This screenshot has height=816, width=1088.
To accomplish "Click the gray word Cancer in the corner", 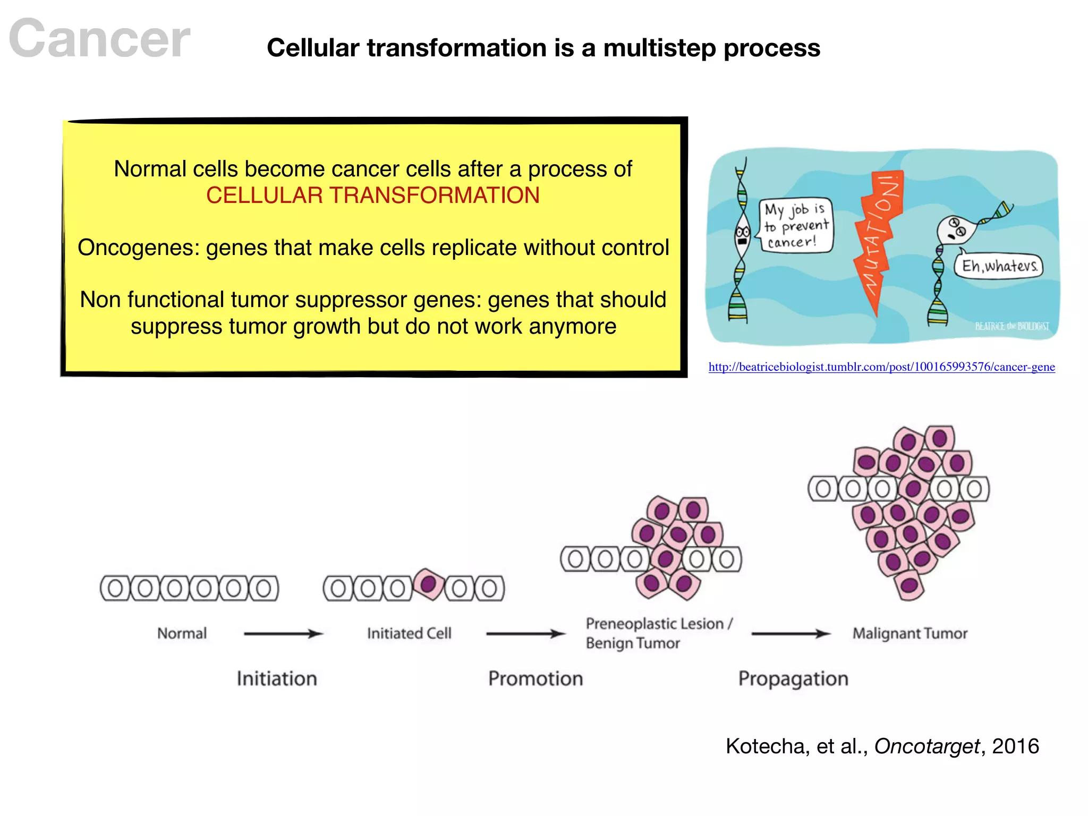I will [x=99, y=38].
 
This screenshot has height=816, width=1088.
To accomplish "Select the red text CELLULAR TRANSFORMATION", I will [x=372, y=195].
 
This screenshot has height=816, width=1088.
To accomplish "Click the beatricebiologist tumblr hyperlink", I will [x=881, y=367].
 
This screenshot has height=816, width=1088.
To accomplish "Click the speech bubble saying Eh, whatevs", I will [x=999, y=266].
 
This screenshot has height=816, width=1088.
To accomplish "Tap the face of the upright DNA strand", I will [x=742, y=234].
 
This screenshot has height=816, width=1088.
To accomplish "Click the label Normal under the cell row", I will [x=182, y=633].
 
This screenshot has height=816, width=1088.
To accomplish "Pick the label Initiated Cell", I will [x=409, y=633].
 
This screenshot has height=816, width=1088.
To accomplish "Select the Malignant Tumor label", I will [x=909, y=633].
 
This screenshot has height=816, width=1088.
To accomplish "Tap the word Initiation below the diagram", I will [x=277, y=679].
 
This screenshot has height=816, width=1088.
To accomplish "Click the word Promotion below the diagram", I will [x=535, y=679].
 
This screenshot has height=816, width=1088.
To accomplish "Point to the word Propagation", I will [x=793, y=679].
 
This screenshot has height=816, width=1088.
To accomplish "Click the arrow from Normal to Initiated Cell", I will [x=283, y=633].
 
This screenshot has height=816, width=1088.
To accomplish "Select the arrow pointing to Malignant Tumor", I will [x=790, y=633].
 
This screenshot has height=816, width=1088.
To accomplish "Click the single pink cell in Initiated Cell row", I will [x=429, y=584].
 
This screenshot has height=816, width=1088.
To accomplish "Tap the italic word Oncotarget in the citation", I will [x=926, y=746].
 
